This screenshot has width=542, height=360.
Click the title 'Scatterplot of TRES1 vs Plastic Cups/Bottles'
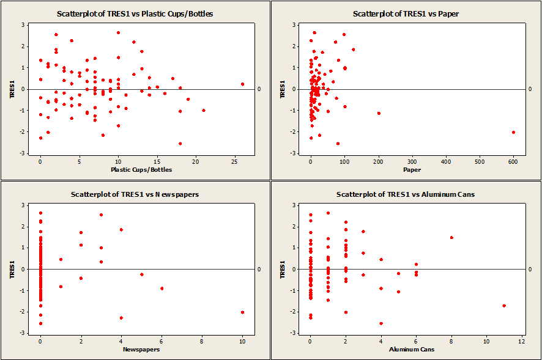(x=135, y=13)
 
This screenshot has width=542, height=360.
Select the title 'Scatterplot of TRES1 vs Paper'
(x=406, y=13)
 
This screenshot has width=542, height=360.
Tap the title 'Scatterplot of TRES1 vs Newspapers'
(x=135, y=194)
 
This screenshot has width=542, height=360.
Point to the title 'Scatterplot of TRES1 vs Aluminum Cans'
(x=406, y=194)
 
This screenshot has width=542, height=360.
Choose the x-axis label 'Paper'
(x=412, y=169)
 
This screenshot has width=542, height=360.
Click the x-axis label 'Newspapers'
(x=141, y=350)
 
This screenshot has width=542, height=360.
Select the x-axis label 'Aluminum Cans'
(x=411, y=350)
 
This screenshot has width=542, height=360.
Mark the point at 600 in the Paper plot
(x=513, y=132)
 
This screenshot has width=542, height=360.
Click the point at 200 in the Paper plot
(x=379, y=113)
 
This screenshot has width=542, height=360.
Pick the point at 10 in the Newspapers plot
(x=243, y=312)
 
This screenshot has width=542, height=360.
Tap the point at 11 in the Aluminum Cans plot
(x=504, y=306)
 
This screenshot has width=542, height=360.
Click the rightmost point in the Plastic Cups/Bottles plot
(x=242, y=84)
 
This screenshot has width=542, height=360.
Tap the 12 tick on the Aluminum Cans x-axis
(x=522, y=340)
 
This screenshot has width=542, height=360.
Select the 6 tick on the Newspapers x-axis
(x=161, y=340)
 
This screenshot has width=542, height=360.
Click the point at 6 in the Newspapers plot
(x=161, y=288)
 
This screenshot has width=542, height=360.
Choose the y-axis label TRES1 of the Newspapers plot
(x=12, y=269)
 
